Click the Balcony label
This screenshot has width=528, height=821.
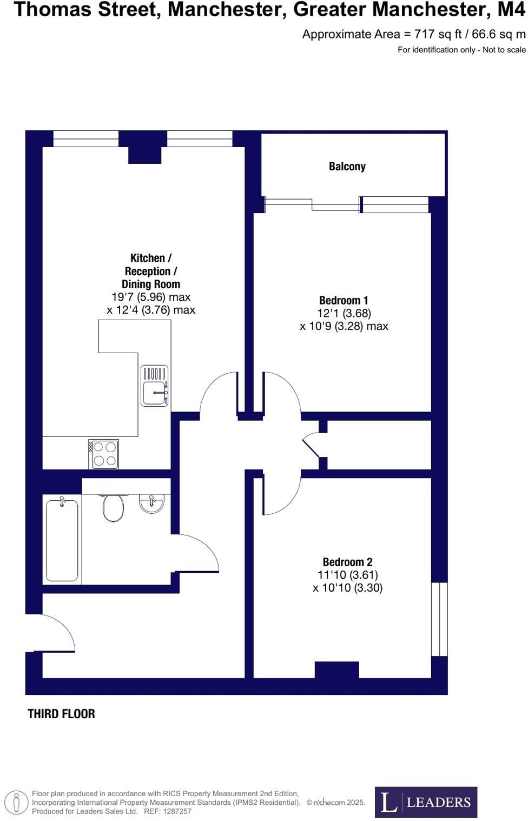pos(347,167)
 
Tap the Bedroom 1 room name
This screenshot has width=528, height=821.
pos(344,300)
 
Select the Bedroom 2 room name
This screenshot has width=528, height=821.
pos(347,562)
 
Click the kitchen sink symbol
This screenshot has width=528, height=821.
pos(155,386)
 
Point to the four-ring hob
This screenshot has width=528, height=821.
pos(104,454)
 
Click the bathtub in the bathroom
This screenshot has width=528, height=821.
pos(62,540)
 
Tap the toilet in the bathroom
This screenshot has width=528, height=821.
pos(114,507)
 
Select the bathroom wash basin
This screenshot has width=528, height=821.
pos(151,504)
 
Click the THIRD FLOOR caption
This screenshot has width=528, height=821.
pos(61,714)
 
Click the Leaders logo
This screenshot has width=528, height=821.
pos(426,802)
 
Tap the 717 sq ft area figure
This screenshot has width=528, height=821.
pos(438,35)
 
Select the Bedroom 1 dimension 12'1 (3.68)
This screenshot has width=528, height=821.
pos(344,313)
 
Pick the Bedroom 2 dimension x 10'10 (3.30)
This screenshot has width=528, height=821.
pos(347,588)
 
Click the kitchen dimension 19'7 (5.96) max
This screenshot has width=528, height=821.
pos(151,297)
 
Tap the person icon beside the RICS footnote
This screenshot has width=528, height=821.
pos(17,802)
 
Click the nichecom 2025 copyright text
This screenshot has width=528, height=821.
pos(336,803)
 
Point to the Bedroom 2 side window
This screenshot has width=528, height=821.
pos(439,619)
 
